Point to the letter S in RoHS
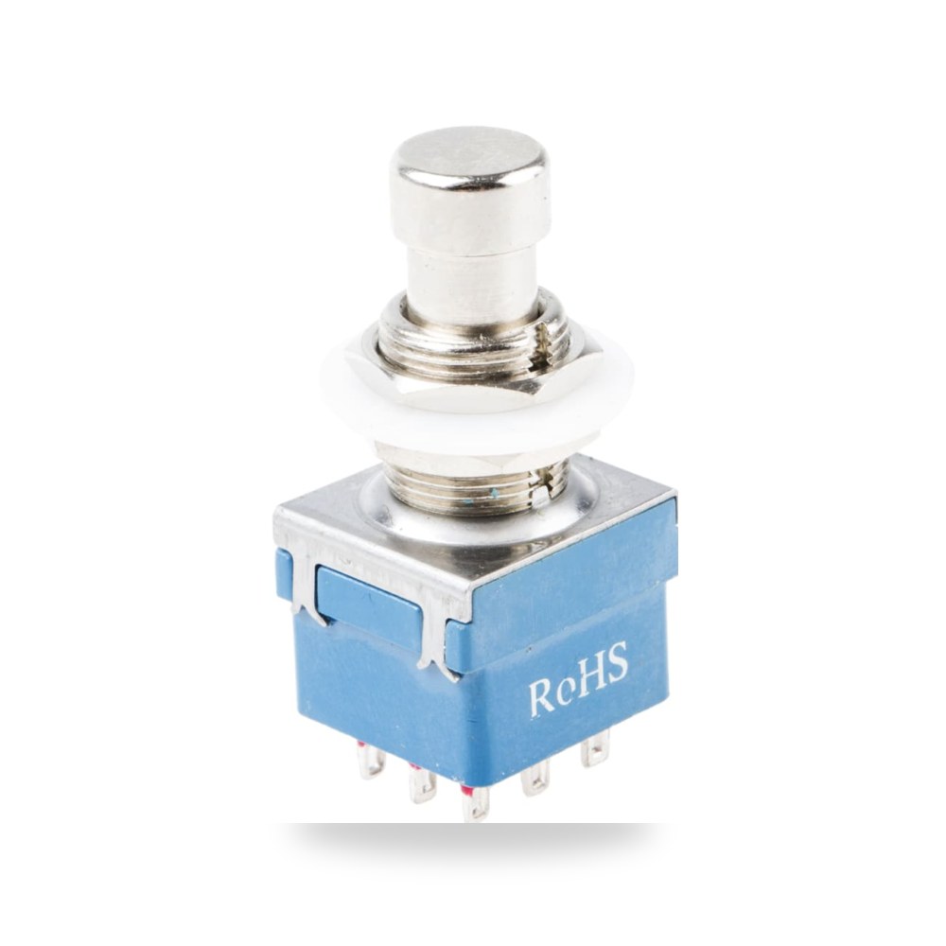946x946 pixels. coord(617,661)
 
